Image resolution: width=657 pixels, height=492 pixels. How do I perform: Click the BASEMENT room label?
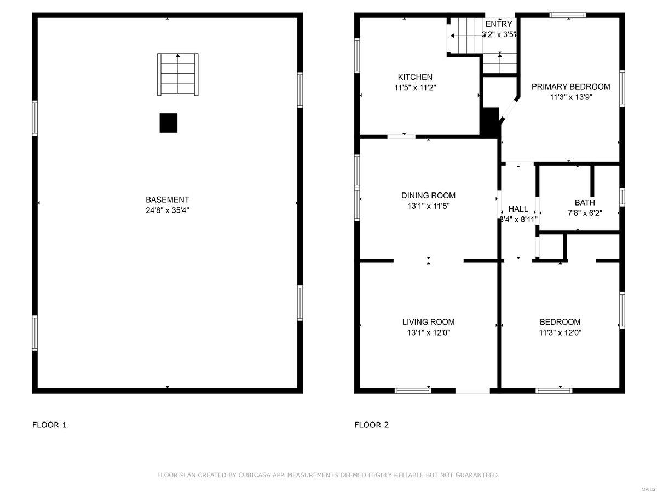pos(167,200)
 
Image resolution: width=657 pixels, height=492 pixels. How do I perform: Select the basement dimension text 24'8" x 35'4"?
pos(167,210)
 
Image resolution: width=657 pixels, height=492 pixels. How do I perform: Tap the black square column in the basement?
pos(169,123)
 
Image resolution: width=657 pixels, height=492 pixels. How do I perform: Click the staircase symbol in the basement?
pos(177,74)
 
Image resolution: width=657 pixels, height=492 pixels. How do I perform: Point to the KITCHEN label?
pos(415,77)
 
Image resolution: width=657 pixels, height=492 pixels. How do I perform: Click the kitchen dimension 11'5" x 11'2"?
pos(415,87)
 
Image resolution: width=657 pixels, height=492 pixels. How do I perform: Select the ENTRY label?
pos(499,24)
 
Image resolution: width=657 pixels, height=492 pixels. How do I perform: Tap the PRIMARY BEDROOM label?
pos(570,87)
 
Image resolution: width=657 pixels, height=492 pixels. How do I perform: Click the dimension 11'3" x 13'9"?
pos(570,97)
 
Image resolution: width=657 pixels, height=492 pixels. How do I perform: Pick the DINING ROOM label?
pos(428,196)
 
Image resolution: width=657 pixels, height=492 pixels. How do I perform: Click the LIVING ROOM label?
pos(428,322)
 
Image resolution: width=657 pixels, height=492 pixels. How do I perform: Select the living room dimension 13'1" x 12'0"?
pos(428,332)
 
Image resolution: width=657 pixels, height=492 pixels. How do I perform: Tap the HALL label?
pos(518,209)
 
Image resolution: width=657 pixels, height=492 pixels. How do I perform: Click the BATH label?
pos(584,203)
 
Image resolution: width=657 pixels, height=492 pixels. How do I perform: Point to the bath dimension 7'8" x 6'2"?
pos(584,213)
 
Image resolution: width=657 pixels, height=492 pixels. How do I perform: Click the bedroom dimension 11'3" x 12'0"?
pos(560,332)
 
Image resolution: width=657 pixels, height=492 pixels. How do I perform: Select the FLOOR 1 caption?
pos(49,425)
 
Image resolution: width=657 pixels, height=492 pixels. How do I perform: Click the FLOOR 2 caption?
pos(371,425)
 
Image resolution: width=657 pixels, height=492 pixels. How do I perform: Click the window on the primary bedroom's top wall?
pos(568,15)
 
